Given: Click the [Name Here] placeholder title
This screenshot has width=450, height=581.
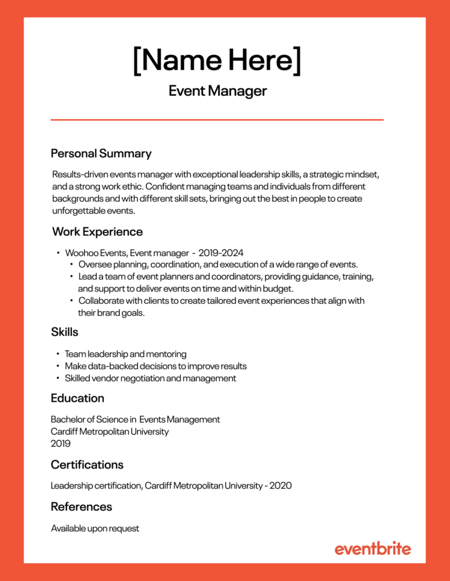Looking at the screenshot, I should pos(217,60).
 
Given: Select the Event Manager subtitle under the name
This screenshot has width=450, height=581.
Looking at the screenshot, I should pos(217,91).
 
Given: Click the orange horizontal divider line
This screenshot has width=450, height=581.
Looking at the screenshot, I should pos(217,120).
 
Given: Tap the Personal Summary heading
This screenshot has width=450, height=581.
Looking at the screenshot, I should pos(101,153).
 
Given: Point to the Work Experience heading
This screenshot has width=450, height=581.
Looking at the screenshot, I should pos(97,232).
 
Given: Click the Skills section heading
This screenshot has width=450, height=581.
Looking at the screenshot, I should pos(65,332).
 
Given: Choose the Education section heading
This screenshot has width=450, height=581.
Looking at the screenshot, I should pos(78,398).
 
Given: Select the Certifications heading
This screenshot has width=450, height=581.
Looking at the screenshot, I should pos(87,465).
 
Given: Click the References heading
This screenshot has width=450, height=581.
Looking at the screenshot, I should pos(81,507).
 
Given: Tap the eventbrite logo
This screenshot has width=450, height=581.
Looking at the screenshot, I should pos(372,549).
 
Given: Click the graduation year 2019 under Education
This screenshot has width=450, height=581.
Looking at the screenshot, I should pos(61,444).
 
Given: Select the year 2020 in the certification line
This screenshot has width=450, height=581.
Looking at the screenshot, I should pos(280,486).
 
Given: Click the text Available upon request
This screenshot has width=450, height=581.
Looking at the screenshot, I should pos(95,528).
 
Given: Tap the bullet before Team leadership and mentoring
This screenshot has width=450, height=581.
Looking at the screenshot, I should pos(58,354).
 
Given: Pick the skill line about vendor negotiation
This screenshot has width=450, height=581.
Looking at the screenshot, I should pos(150,378).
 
